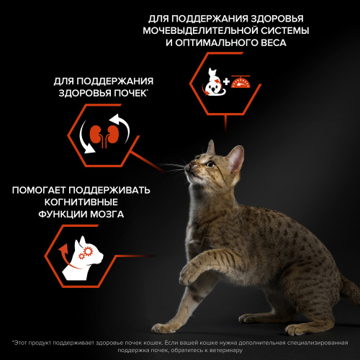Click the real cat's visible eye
tap(207, 164)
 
